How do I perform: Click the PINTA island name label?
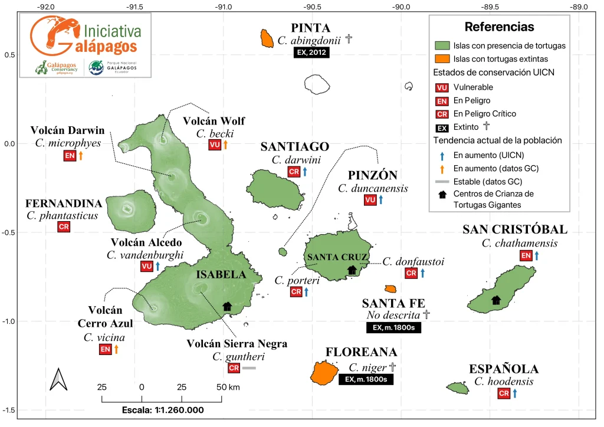pyautogui.click(x=311, y=28)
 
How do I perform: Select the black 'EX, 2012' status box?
pyautogui.click(x=311, y=52)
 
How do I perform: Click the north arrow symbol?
pyautogui.click(x=58, y=379)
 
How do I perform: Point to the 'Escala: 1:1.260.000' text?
pyautogui.click(x=162, y=410)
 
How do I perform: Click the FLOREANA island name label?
pyautogui.click(x=361, y=352)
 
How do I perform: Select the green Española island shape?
pyautogui.click(x=458, y=387)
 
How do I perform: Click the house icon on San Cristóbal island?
pyautogui.click(x=496, y=300)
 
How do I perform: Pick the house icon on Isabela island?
pyautogui.click(x=227, y=306)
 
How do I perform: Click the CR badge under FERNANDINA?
pyautogui.click(x=63, y=227)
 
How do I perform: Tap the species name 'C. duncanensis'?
pyautogui.click(x=368, y=188)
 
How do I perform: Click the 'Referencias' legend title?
pyautogui.click(x=499, y=27)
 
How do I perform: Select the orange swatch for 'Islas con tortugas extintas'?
pyautogui.click(x=442, y=58)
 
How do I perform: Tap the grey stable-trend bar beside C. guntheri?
pyautogui.click(x=248, y=368)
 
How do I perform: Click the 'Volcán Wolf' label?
pyautogui.click(x=214, y=121)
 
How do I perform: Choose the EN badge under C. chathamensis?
pyautogui.click(x=526, y=255)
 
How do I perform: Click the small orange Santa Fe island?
pyautogui.click(x=390, y=289)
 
